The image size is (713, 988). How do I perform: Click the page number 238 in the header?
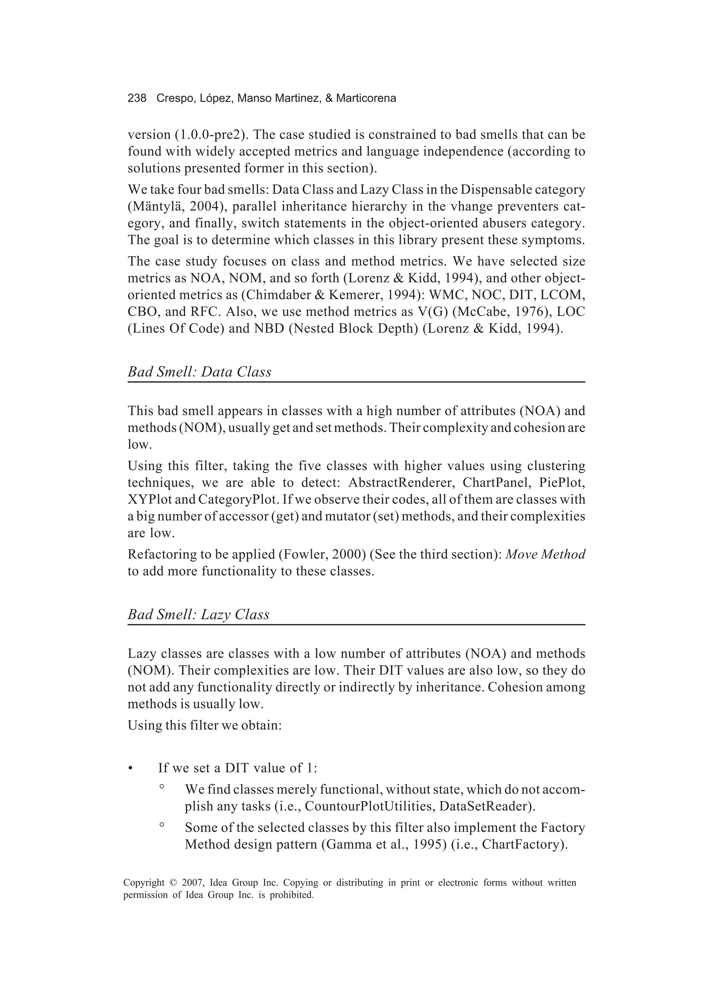coord(137,99)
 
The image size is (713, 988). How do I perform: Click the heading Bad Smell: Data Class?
coord(199,372)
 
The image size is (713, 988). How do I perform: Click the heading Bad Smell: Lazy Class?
coord(198,614)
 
